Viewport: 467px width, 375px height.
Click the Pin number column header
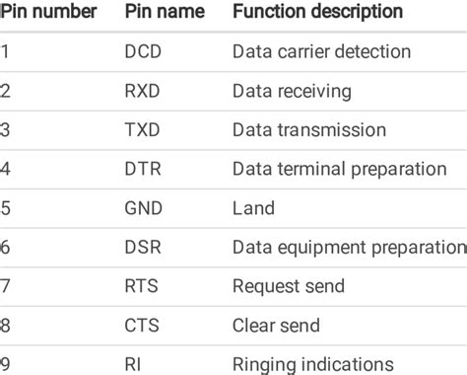48,13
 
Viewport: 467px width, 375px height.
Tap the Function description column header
317,13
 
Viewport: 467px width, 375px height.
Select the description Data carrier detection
321,51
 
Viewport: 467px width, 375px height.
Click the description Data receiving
292,91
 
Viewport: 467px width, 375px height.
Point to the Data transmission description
309,130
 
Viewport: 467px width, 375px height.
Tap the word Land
253,208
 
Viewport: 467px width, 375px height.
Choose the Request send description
289,286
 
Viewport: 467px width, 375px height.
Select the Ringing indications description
313,364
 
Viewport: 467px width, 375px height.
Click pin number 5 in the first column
5,208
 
